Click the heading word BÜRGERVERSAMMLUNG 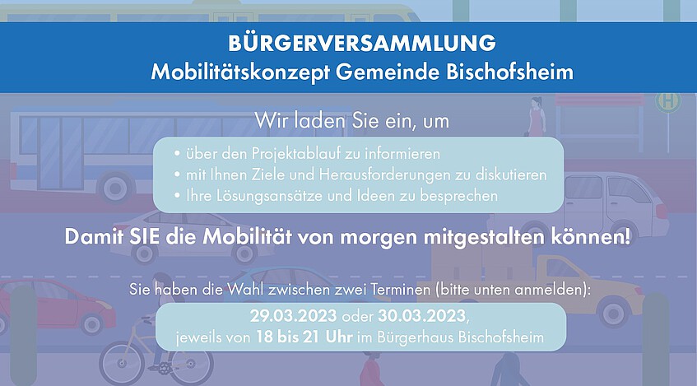tap(362, 43)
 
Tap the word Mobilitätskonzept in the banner tap(240, 72)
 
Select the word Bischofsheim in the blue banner tap(509, 71)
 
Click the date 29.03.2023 tap(293, 316)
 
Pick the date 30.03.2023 tap(422, 316)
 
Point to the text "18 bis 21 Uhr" tap(304, 337)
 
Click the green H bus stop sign tap(667, 102)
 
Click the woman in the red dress tap(537, 117)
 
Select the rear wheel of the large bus tap(116, 187)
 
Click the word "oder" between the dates tap(357, 317)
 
